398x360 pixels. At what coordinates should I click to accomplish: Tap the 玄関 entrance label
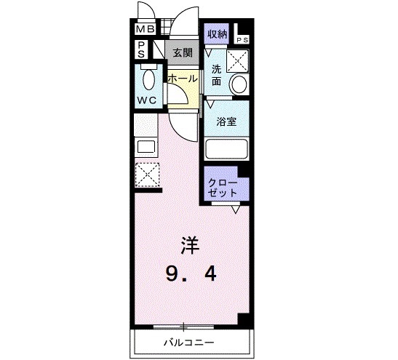183,52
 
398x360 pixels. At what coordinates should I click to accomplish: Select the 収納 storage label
217,33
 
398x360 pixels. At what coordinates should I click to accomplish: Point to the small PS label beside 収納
242,40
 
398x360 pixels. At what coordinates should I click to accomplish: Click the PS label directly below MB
140,49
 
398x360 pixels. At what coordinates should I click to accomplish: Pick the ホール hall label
182,77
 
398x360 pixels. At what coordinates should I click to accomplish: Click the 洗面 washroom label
216,76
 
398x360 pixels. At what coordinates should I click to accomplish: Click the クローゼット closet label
222,187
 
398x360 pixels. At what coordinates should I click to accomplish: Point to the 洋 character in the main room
189,243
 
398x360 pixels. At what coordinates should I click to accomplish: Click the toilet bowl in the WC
148,78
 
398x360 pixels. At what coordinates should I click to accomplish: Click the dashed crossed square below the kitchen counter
146,175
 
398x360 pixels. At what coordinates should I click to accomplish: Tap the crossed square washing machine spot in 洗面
238,60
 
